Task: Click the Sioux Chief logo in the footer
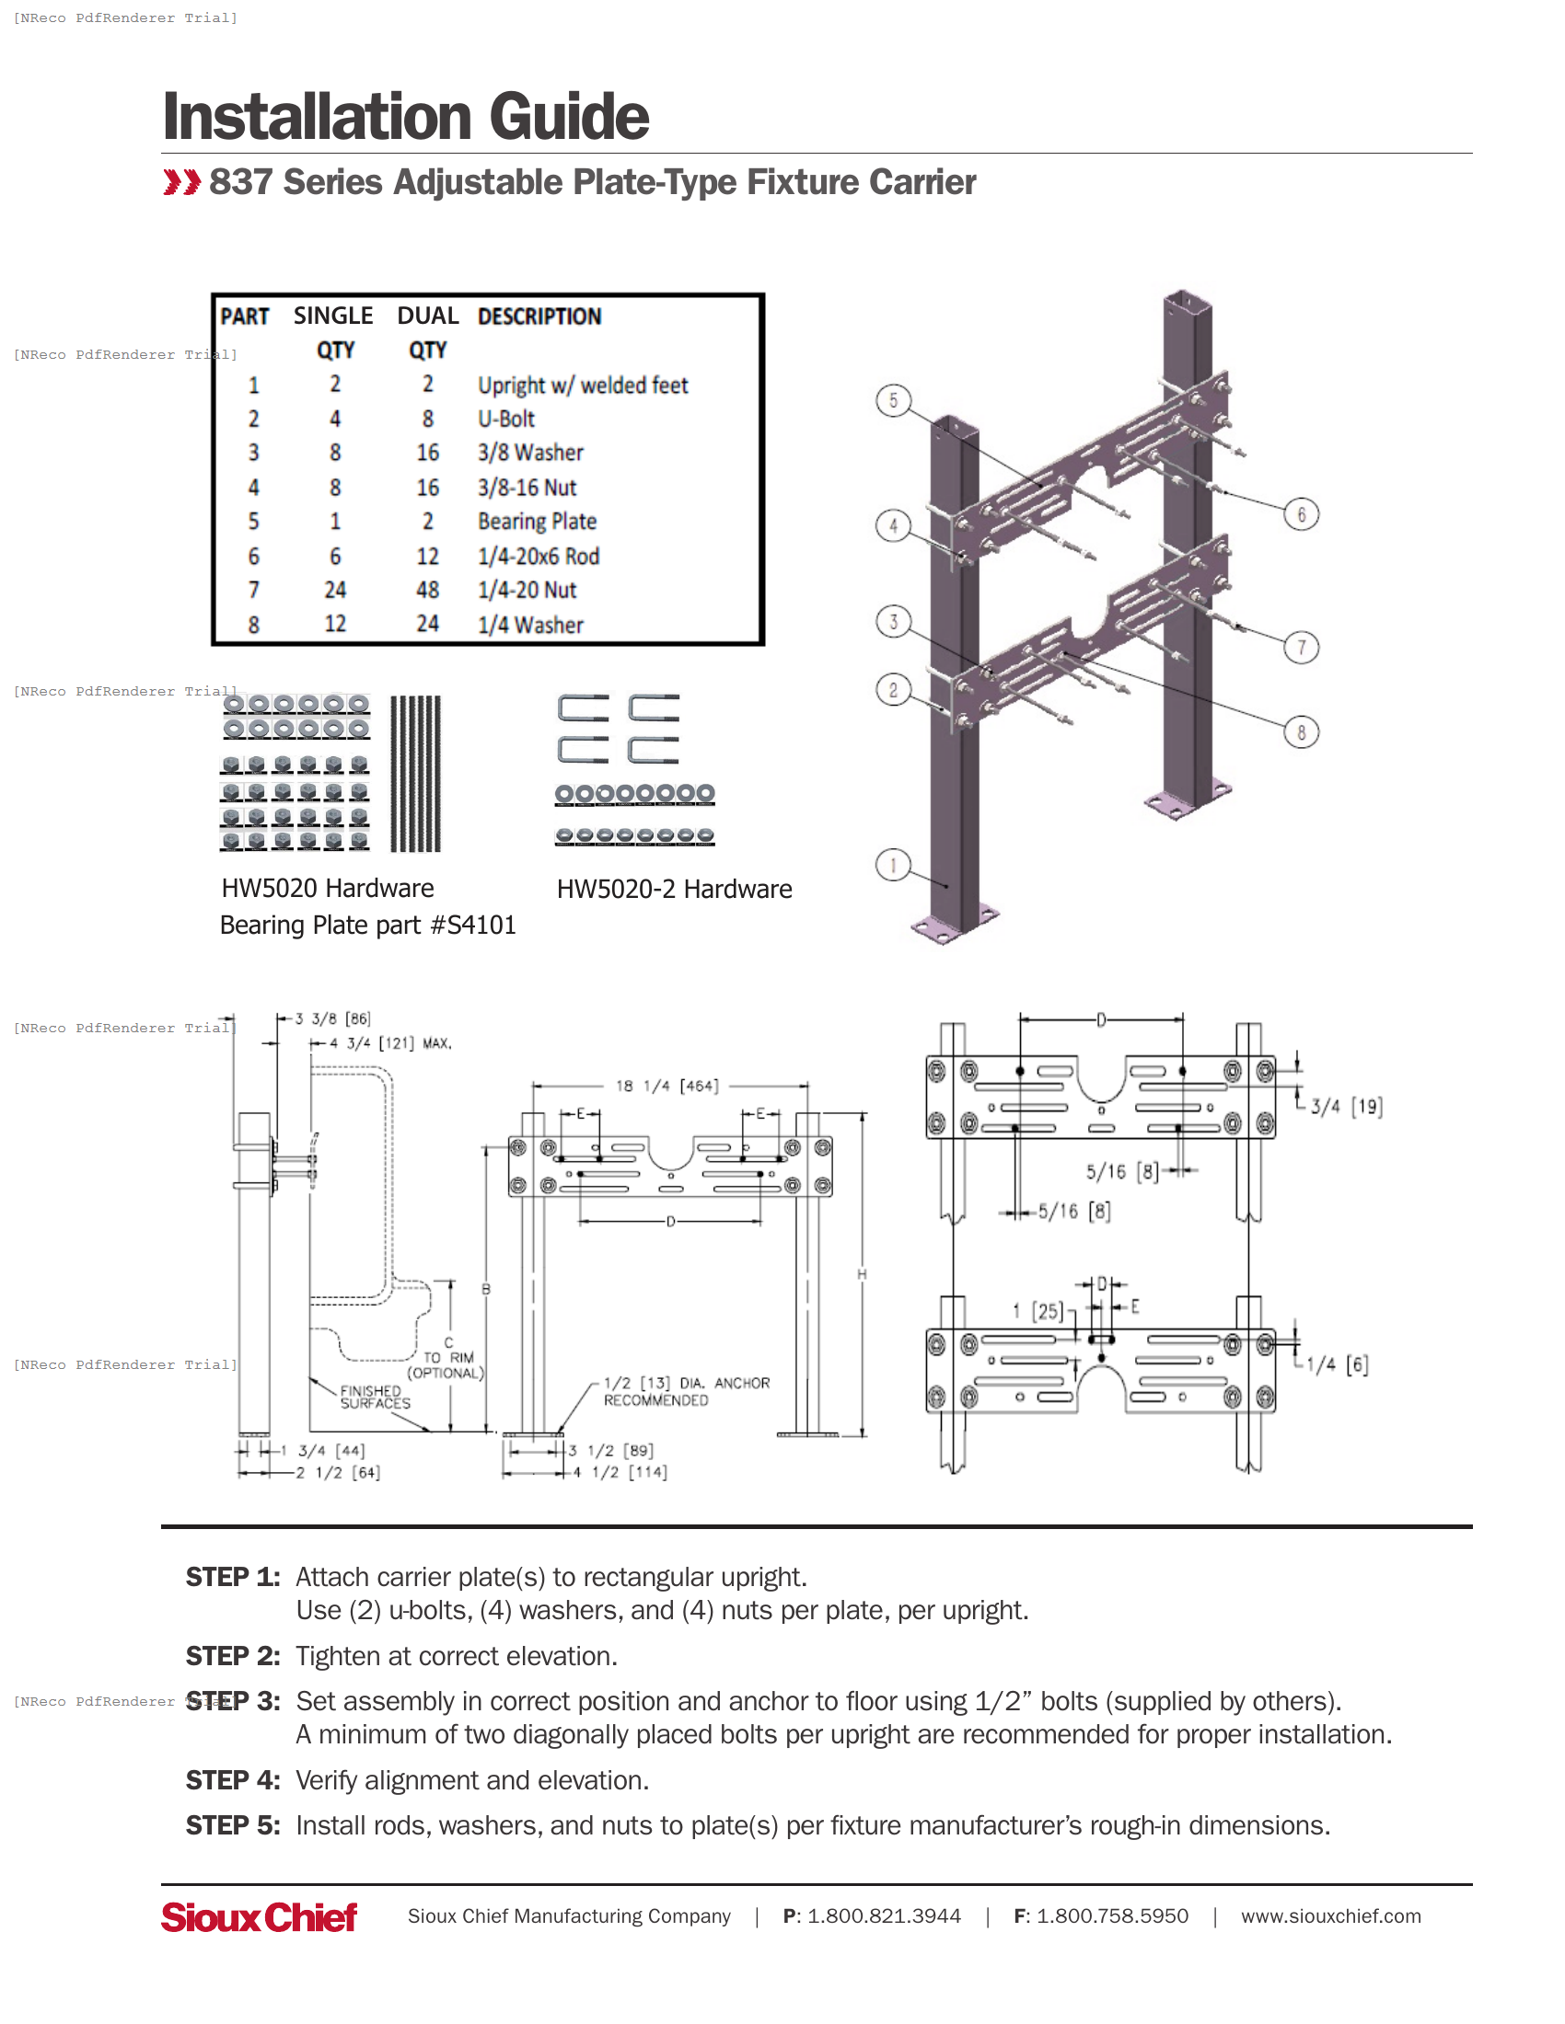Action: (x=259, y=1916)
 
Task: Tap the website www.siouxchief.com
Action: (x=1329, y=1916)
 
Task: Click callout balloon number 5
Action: (x=893, y=400)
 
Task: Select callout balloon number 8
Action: (x=1301, y=732)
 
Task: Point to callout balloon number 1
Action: (x=893, y=866)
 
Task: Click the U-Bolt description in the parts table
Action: (x=506, y=419)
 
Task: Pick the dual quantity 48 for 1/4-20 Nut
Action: (x=427, y=591)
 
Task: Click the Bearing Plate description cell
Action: (x=537, y=522)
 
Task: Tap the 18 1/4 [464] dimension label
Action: (x=667, y=1087)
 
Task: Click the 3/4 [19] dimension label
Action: (x=1346, y=1106)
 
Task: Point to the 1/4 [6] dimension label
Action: (x=1337, y=1364)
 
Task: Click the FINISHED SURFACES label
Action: (x=375, y=1397)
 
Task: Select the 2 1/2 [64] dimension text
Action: (x=338, y=1473)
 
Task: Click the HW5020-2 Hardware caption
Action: (x=674, y=890)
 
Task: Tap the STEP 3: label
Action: (x=233, y=1701)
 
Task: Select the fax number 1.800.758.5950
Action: (x=1111, y=1916)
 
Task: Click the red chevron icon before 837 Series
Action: (x=181, y=182)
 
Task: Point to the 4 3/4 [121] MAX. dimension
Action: (x=389, y=1043)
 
